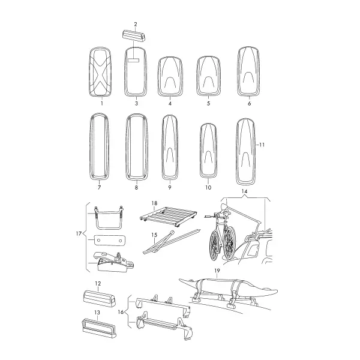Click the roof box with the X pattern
tap(100, 72)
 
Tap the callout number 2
tap(136, 24)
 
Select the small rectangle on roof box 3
tap(133, 61)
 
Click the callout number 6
tap(250, 104)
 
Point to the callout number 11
tap(262, 145)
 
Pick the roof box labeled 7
tap(99, 146)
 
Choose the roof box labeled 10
tap(208, 151)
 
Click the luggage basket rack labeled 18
tap(168, 216)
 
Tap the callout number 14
tap(245, 191)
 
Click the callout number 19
tap(217, 271)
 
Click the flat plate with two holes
tap(110, 241)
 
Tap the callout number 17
tap(79, 233)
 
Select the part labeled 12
tap(100, 298)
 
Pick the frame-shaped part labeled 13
tap(99, 328)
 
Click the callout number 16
tap(121, 312)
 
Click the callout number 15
tap(154, 235)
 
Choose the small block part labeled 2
tap(134, 35)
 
